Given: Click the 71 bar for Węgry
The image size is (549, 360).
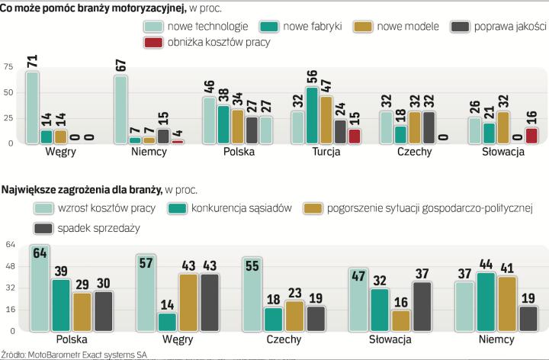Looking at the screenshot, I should pos(33,107).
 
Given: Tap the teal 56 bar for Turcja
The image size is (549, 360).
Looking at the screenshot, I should pos(311,115).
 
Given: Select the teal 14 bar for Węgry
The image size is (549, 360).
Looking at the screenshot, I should pos(47,137).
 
